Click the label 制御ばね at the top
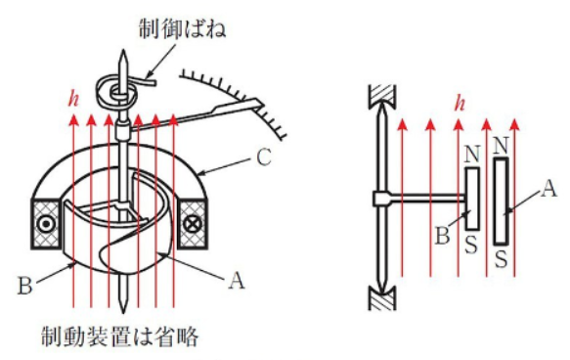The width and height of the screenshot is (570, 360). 182,28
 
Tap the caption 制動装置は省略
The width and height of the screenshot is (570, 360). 120,337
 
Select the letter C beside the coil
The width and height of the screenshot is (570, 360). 264,157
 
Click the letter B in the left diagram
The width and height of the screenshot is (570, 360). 25,285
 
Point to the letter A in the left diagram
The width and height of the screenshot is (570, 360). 237,281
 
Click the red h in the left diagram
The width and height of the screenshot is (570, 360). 73,98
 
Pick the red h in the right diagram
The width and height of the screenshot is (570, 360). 460,103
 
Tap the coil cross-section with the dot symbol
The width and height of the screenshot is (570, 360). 46,224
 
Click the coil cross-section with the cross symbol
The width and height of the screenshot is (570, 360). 193,224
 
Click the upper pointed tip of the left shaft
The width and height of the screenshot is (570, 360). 123,51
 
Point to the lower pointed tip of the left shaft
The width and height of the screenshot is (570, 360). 123,312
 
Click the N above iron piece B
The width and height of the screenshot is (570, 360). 472,155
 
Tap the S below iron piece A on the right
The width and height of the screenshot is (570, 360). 501,259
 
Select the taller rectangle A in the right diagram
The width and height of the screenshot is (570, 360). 501,202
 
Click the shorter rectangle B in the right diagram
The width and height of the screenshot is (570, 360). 472,199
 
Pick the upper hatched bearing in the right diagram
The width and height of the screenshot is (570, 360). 382,97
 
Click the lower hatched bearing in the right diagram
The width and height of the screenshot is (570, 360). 382,298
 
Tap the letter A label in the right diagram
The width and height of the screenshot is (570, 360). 548,189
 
